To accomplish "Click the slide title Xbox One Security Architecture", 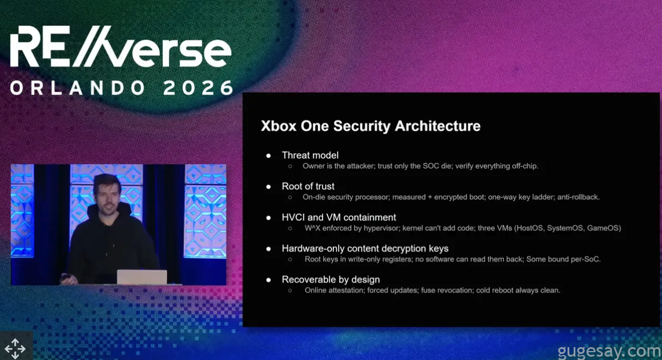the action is (370, 126).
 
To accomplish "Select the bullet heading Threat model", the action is (310, 155).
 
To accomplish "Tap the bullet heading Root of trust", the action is (308, 186).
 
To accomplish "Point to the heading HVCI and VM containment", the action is (339, 217).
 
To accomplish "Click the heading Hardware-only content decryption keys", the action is (365, 249).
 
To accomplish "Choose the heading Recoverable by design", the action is (330, 280).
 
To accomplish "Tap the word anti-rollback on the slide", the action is (578, 197).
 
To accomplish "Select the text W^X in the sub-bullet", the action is (313, 228).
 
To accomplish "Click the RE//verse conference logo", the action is (121, 46).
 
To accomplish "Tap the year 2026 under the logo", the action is (198, 88).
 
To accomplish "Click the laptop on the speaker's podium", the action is (142, 277).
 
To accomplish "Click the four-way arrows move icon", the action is (15, 349).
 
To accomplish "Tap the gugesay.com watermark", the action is (609, 351).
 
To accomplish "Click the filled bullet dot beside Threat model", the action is (268, 156).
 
